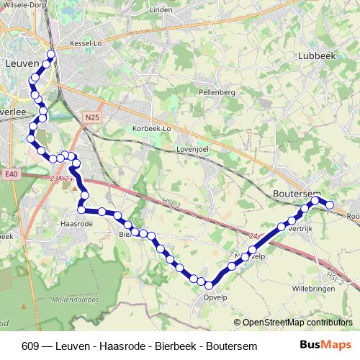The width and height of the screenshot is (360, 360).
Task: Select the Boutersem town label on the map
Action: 294,193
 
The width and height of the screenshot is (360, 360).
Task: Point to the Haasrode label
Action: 76,224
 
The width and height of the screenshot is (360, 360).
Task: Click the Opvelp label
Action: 216,296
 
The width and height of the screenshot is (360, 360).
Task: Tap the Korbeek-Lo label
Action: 151,129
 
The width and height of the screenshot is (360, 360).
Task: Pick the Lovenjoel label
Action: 192,150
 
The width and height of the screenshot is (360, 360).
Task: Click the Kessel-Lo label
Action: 86,44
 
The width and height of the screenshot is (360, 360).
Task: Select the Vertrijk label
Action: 302,228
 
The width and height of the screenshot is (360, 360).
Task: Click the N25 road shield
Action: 91,117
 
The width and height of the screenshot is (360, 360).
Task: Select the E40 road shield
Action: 9,174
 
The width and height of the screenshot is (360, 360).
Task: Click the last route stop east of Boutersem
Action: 330,205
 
